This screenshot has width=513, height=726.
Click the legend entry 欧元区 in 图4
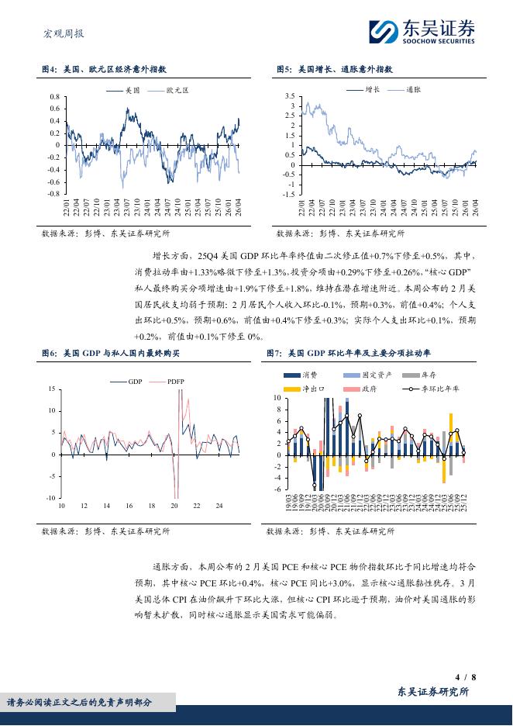pyautogui.click(x=177, y=91)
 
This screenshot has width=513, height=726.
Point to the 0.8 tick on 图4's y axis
pyautogui.click(x=54, y=97)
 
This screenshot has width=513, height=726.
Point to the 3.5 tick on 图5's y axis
pyautogui.click(x=290, y=96)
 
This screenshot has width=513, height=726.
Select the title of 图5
pyautogui.click(x=335, y=69)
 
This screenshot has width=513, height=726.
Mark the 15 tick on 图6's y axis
pyautogui.click(x=51, y=389)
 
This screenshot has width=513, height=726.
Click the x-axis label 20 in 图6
pyautogui.click(x=174, y=506)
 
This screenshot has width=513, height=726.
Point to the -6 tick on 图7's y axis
pyautogui.click(x=277, y=489)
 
